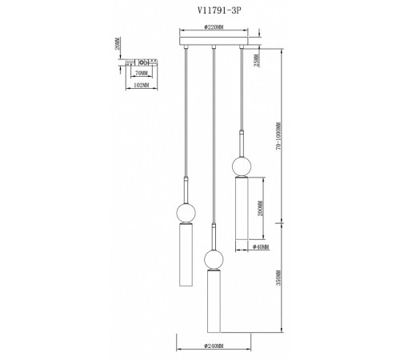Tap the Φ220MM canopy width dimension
click(213, 28)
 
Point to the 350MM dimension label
click(276, 280)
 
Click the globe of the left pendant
click(186, 213)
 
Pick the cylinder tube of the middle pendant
click(213, 300)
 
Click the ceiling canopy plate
click(213, 40)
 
